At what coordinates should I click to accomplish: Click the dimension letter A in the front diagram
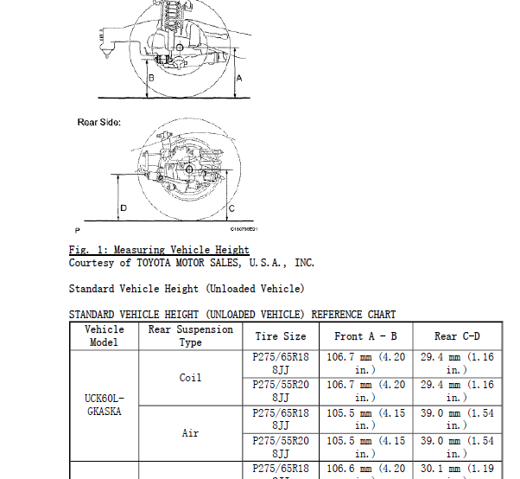point(239,79)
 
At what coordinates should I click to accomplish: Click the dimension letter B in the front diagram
point(151,78)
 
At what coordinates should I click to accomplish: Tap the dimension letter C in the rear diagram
point(231,208)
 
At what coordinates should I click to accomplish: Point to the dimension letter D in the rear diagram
point(124,208)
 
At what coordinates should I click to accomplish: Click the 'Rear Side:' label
point(99,123)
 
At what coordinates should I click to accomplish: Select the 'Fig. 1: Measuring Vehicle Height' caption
point(159,250)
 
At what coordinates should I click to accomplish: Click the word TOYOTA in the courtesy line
point(154,263)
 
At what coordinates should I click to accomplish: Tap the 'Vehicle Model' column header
point(105,336)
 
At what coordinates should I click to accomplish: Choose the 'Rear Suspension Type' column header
point(190,336)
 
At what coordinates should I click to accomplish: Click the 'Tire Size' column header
point(281,336)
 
